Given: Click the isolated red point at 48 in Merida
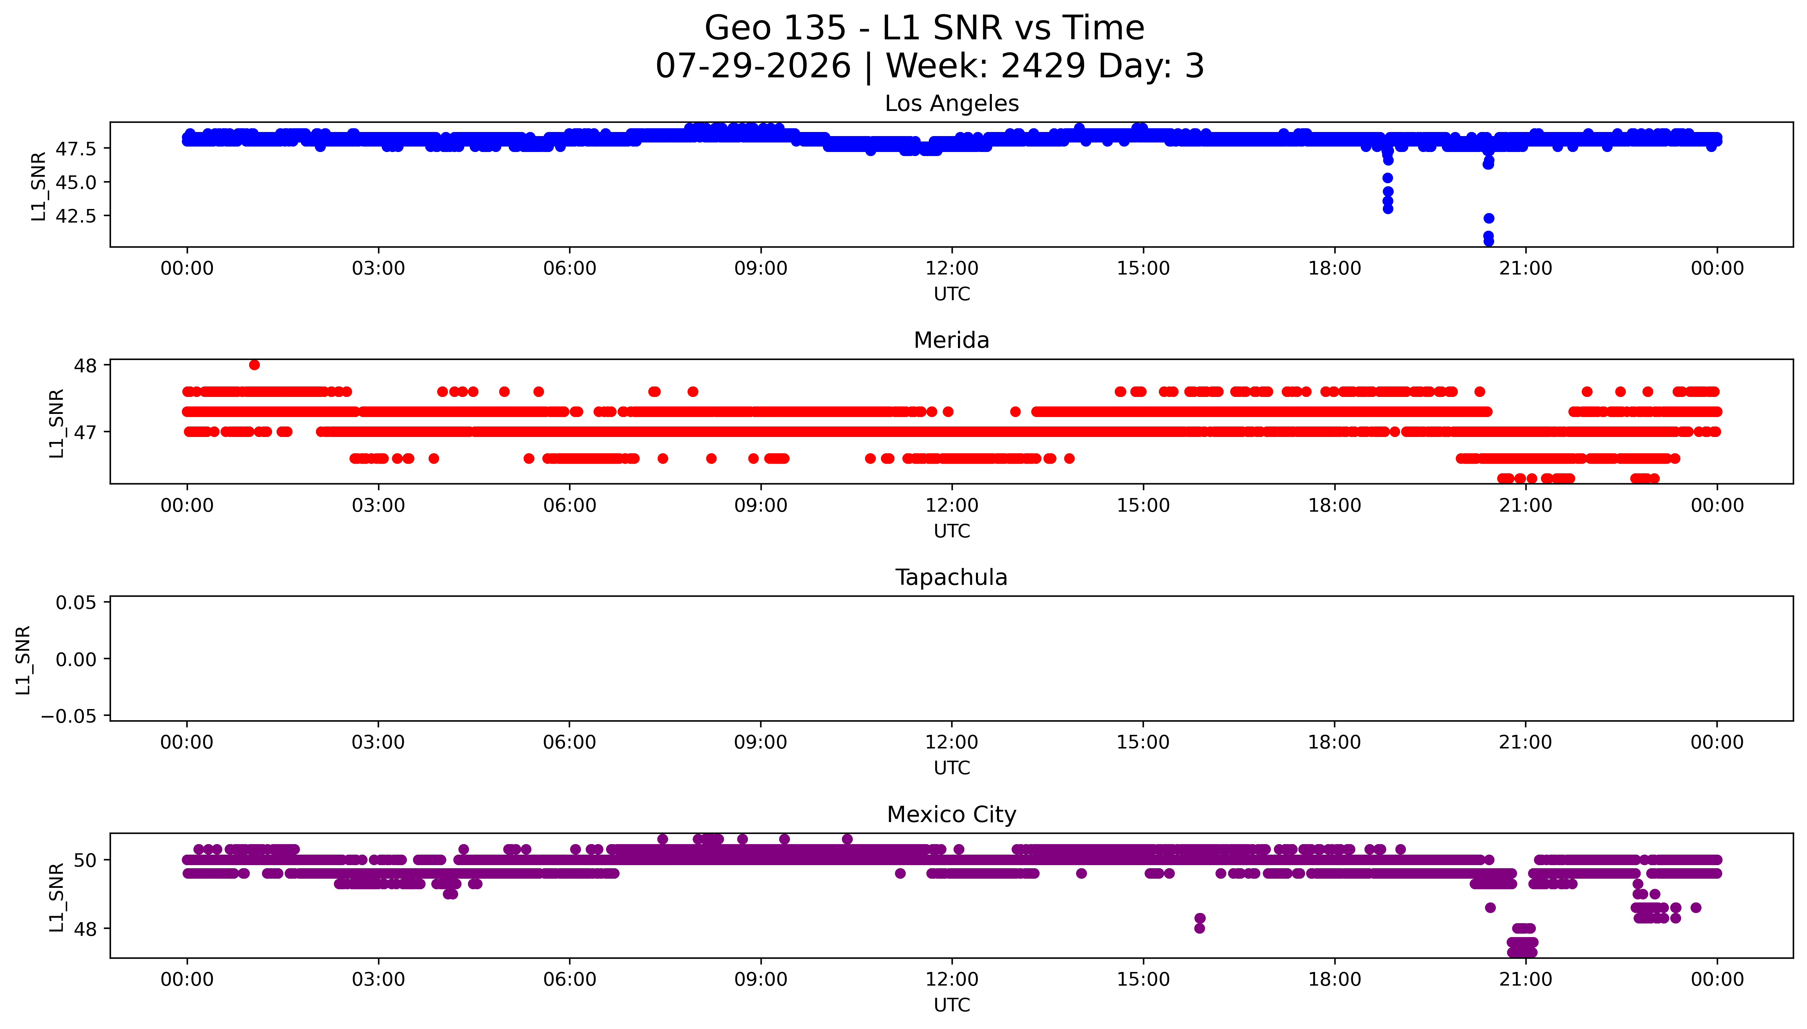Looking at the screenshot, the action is pos(255,365).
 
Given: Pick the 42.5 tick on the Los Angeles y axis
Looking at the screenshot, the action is pos(76,215).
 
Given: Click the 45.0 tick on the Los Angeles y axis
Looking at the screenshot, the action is pos(76,182).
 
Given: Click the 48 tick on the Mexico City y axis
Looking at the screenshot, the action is pos(86,929).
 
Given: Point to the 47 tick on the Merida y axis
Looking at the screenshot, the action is pos(86,432).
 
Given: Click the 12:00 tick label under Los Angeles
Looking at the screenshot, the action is pos(952,269).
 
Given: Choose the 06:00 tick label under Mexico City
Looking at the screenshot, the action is pos(570,979).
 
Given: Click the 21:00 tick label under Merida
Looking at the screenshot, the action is pos(1526,505).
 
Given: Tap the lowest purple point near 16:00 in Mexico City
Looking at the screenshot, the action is pos(1199,928).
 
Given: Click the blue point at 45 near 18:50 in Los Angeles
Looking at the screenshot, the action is pos(1387,178).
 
